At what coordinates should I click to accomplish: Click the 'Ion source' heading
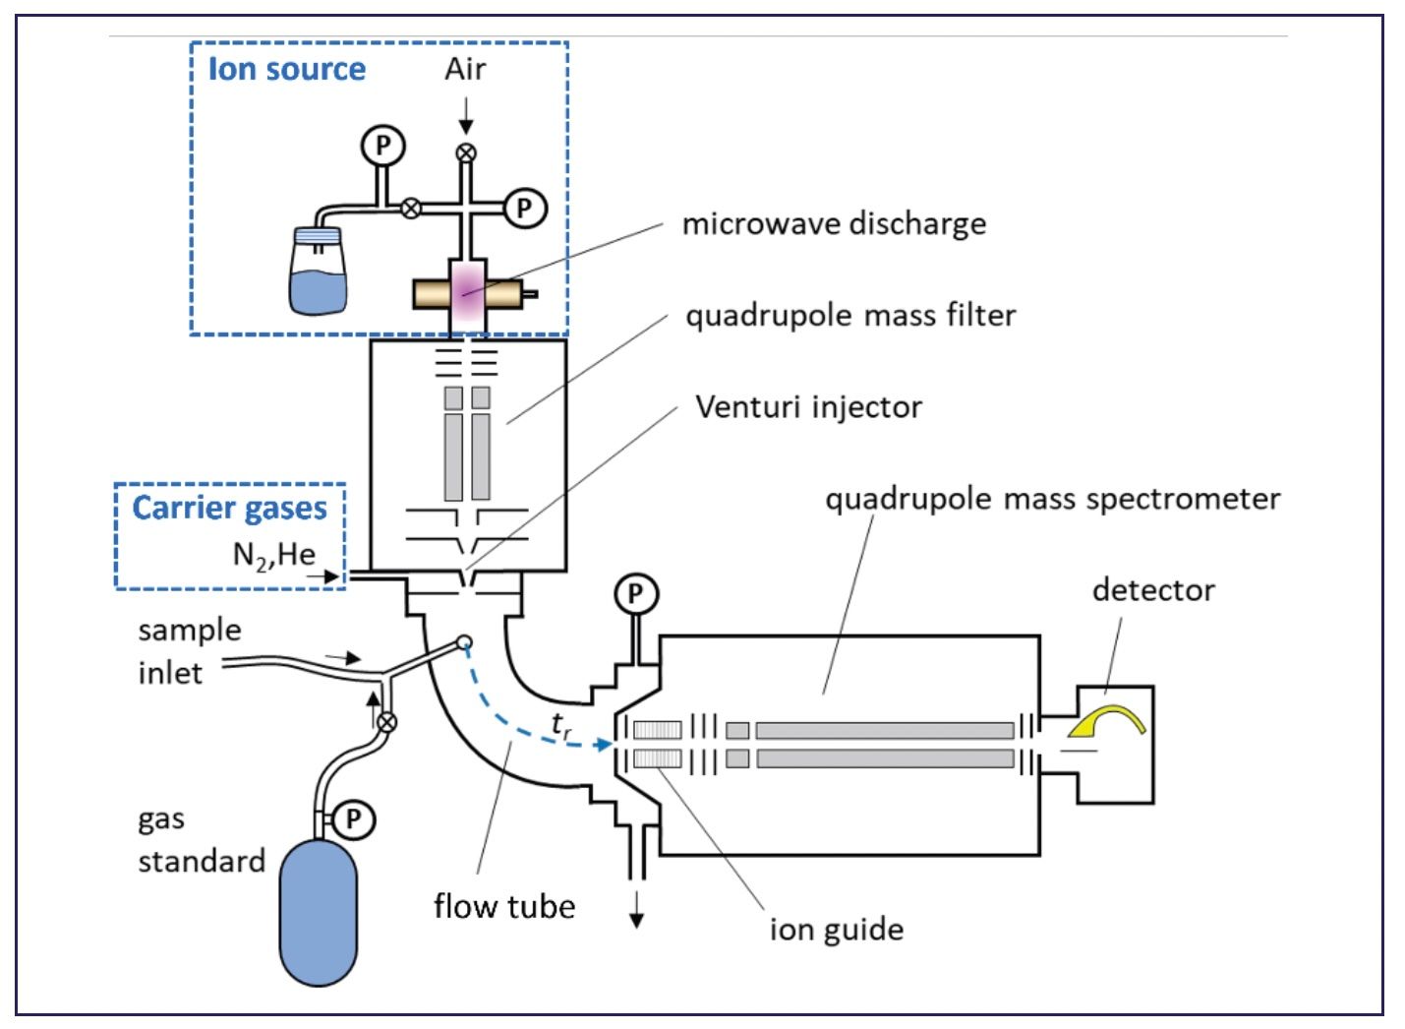286,69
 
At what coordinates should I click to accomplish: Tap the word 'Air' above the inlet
465,69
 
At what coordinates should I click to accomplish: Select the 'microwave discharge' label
834,224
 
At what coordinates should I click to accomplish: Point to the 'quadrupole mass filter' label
850,316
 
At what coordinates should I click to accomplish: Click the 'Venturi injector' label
808,407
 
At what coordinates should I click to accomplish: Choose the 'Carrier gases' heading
229,508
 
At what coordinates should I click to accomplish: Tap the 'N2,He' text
273,555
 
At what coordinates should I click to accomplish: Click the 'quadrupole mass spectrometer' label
1052,499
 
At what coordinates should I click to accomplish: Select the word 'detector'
1153,590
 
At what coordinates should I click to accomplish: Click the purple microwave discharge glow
467,291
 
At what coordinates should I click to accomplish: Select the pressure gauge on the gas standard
353,819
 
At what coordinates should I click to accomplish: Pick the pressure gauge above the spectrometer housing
635,594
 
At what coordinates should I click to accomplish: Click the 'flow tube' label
504,906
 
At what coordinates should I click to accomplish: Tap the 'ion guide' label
836,930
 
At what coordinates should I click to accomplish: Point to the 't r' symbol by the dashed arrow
560,726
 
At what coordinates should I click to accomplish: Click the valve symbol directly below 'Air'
466,152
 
